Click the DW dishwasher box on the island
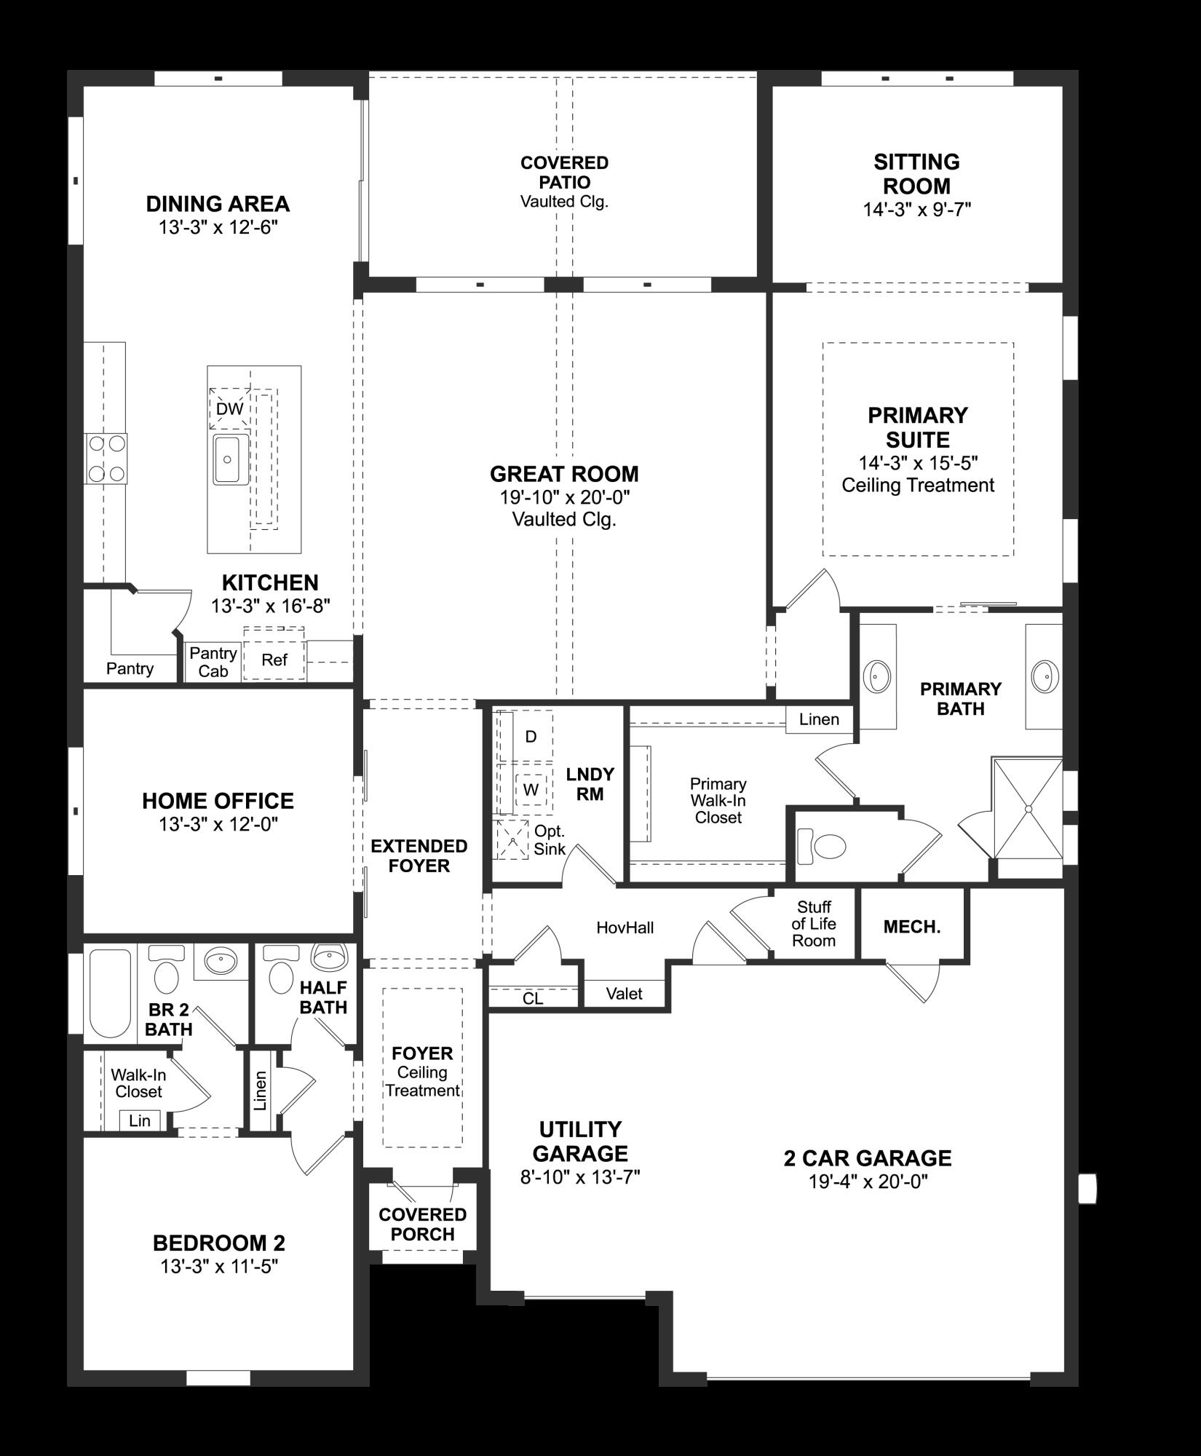click(230, 408)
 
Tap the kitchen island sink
click(230, 459)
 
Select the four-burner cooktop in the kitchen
click(106, 459)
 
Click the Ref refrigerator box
click(274, 660)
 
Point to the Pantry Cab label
click(213, 662)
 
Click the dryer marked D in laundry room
click(531, 736)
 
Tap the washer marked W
click(531, 789)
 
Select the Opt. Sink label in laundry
click(550, 839)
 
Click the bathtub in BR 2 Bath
click(110, 992)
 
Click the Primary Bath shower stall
click(1028, 808)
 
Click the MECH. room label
click(912, 927)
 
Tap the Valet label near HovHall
click(624, 993)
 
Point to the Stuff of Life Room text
click(814, 924)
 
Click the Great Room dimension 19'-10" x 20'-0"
click(564, 498)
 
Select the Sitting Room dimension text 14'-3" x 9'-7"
click(916, 210)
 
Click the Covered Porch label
click(422, 1224)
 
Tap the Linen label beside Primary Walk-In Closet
click(819, 720)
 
